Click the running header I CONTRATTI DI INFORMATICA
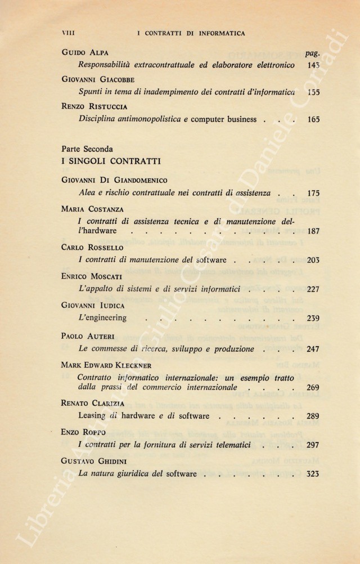coord(191,34)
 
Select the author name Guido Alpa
coord(85,53)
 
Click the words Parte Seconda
coord(87,149)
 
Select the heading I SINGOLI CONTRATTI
coord(111,161)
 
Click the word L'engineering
coord(102,318)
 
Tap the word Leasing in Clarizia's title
coord(93,416)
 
